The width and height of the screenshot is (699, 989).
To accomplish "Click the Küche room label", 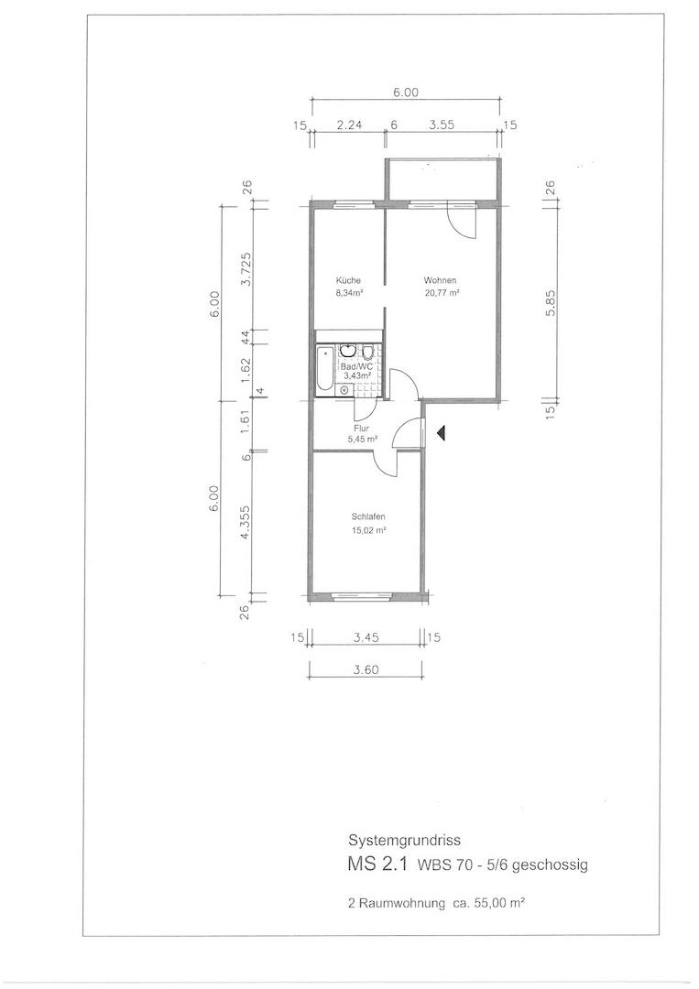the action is point(348,281).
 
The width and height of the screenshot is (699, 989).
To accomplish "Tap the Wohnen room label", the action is point(440,281).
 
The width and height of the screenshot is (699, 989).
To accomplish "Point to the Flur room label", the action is point(362,429).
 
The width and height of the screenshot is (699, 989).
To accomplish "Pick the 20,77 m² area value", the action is point(441,292).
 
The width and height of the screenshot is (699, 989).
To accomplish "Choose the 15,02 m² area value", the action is point(368,530).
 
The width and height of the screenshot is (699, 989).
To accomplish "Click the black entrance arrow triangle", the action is point(442,432).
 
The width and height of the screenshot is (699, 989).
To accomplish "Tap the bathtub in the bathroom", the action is point(323,369).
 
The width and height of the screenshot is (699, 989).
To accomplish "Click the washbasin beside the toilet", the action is point(347,351).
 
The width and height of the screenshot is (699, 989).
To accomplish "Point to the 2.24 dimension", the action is point(349,125).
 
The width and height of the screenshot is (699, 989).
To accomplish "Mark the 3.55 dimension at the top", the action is point(442,125).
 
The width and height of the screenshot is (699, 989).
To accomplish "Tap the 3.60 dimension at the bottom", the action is point(366,669).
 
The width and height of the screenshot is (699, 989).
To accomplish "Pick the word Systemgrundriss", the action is point(404,841).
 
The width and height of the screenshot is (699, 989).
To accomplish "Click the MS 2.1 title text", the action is point(378,864).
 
